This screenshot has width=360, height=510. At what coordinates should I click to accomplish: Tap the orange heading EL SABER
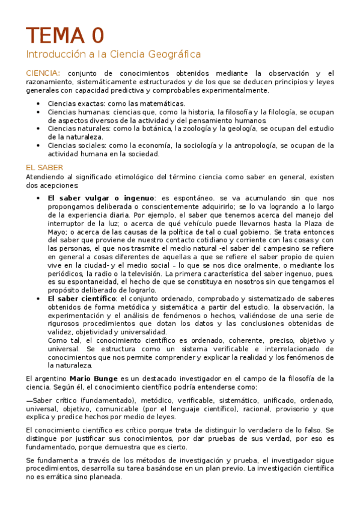point(45,167)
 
